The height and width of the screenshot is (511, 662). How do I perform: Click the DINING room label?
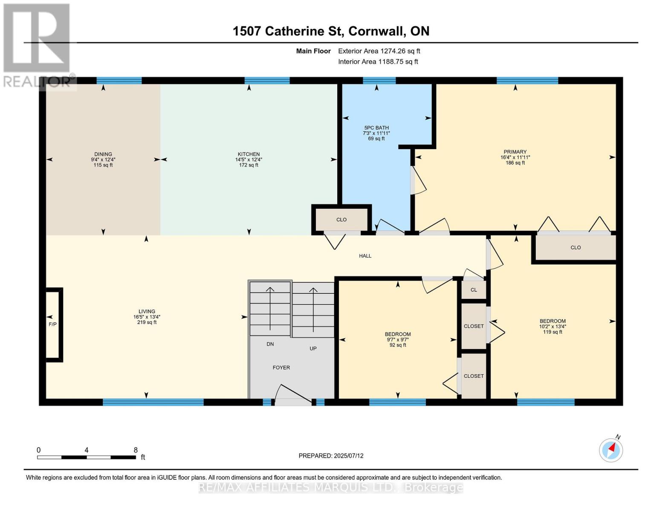[x=103, y=154]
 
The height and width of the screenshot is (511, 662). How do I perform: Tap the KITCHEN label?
[x=249, y=154]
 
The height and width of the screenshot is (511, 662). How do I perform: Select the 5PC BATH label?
[x=376, y=128]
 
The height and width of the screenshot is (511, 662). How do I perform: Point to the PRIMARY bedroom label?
[x=515, y=152]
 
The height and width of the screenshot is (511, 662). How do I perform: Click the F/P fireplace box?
[x=53, y=324]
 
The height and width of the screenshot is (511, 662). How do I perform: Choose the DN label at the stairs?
[x=270, y=344]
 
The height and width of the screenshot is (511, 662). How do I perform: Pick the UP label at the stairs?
[x=313, y=348]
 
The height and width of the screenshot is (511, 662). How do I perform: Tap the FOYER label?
[x=281, y=367]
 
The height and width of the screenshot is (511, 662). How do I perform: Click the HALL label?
[x=365, y=256]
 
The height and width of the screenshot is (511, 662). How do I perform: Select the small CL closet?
[x=474, y=290]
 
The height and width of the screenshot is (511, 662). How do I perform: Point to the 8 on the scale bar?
[x=136, y=450]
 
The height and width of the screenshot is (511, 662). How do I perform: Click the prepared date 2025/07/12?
[x=349, y=456]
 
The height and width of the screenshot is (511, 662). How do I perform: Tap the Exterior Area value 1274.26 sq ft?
[x=400, y=51]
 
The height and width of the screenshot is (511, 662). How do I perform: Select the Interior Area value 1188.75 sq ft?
[x=398, y=62]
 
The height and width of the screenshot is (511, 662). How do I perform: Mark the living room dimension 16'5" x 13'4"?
[x=147, y=317]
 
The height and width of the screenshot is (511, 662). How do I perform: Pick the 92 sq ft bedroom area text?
[x=398, y=345]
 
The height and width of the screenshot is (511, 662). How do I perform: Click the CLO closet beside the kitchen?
[x=341, y=220]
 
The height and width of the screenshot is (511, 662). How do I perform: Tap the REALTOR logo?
[x=37, y=45]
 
